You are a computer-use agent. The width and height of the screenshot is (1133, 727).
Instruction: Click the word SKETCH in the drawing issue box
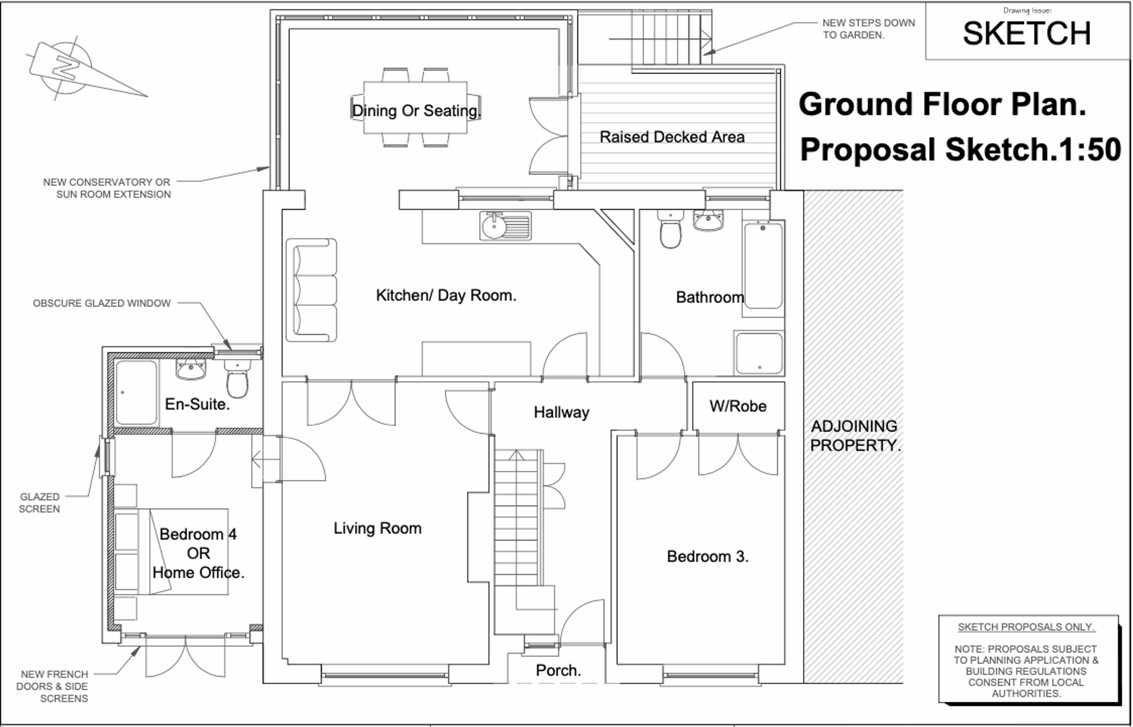[x=1027, y=34]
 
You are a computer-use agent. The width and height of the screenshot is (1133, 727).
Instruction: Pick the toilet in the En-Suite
[x=237, y=378]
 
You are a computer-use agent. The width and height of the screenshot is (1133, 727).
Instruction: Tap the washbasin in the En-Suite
[x=191, y=369]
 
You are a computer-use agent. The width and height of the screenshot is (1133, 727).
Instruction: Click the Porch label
[x=558, y=670]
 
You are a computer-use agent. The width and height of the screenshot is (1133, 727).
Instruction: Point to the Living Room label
[x=377, y=528]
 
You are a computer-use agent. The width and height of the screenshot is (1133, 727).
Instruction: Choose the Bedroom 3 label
[x=708, y=557]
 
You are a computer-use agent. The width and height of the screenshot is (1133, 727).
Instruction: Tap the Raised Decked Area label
[x=672, y=137]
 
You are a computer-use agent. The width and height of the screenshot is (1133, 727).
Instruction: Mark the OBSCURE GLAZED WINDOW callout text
[x=101, y=303]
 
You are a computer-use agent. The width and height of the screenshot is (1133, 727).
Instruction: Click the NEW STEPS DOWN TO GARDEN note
[x=869, y=29]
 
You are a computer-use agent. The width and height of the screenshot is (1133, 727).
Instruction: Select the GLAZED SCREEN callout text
[x=40, y=503]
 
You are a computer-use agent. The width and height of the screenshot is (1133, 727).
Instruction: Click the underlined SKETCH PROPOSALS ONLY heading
[x=1026, y=627]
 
